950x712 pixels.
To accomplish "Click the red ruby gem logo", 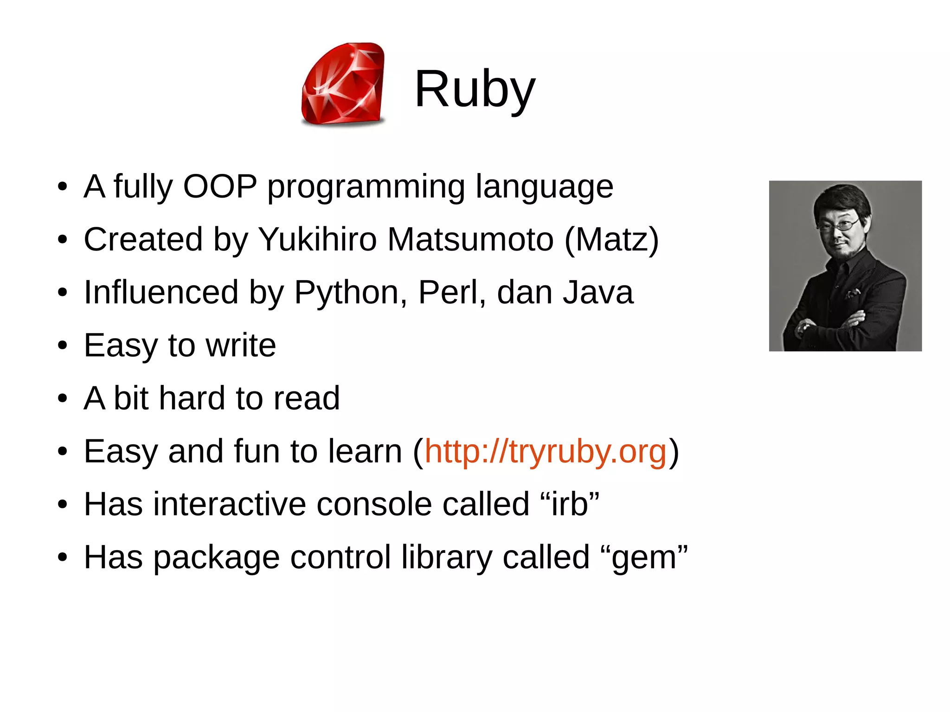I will (x=343, y=84).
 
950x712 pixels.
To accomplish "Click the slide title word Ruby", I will (x=475, y=89).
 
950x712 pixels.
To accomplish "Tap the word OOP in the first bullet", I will (x=220, y=186).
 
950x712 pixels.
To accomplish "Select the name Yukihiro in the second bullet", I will (x=317, y=239).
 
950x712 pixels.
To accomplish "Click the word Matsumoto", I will (x=470, y=239).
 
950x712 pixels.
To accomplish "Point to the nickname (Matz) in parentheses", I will (x=611, y=240).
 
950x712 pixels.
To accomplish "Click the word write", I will (x=241, y=346).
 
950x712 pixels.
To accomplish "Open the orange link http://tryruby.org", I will (x=546, y=451).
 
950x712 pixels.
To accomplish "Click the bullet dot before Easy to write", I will (x=63, y=346).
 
